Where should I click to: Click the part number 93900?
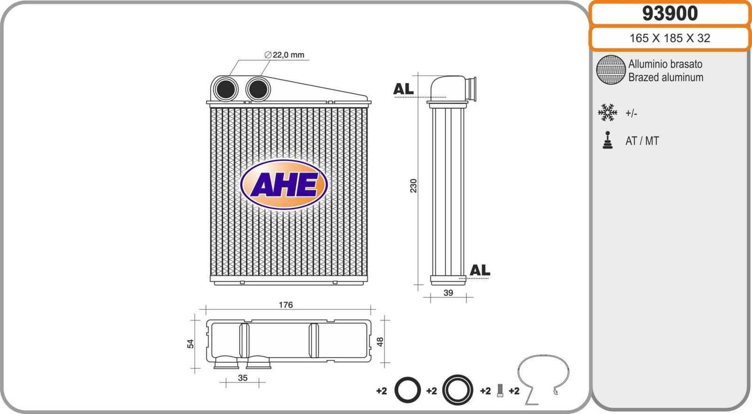click(x=670, y=14)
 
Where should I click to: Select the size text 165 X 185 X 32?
click(x=670, y=38)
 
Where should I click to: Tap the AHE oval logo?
click(x=284, y=184)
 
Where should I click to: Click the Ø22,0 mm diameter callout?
click(x=284, y=55)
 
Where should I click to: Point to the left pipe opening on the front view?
click(x=226, y=89)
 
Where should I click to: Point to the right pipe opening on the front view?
click(x=258, y=89)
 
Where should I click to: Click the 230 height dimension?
click(x=413, y=186)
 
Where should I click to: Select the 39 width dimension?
click(x=448, y=293)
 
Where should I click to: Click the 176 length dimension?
click(x=286, y=305)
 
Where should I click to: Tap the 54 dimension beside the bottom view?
click(x=190, y=344)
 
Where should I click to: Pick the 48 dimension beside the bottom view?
click(x=380, y=342)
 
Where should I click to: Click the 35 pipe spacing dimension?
click(x=243, y=378)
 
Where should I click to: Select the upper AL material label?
click(x=403, y=89)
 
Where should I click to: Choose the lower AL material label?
click(x=480, y=270)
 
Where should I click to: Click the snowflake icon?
click(x=607, y=112)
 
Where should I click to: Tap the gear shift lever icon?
click(x=607, y=140)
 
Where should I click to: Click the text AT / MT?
click(x=642, y=141)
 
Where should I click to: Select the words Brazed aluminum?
click(x=666, y=78)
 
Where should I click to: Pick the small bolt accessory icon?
click(x=500, y=390)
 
